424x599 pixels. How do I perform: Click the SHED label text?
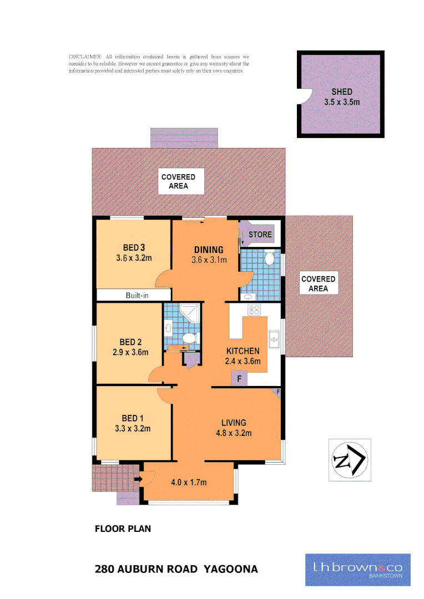tap(342, 92)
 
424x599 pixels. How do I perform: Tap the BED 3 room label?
tap(134, 247)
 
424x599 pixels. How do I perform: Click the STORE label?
tap(260, 235)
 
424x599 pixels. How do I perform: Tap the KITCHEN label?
tap(243, 351)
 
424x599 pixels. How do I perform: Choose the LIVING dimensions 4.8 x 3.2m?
tap(234, 433)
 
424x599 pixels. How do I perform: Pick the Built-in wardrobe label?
tap(137, 296)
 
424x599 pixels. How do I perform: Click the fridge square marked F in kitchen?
tap(240, 379)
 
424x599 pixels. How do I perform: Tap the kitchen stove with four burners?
tap(254, 310)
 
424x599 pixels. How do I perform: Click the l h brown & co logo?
tap(358, 570)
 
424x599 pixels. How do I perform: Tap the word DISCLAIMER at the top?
tap(85, 57)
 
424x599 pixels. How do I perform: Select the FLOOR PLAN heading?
tap(123, 529)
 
